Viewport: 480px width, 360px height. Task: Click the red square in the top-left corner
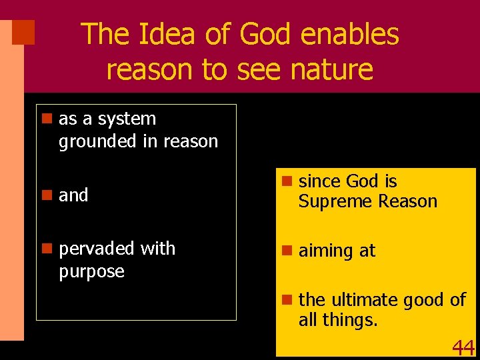pos(23,32)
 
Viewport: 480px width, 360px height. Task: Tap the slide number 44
pos(463,347)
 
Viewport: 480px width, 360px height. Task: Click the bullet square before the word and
pos(46,195)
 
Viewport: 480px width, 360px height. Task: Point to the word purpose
pos(91,271)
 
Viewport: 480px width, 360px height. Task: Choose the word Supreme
pos(332,201)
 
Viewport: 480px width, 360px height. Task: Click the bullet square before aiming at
pos(286,251)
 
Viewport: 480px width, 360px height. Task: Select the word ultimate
pos(365,300)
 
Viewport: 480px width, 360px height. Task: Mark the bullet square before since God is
pos(286,181)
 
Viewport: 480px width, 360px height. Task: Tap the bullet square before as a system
pos(46,119)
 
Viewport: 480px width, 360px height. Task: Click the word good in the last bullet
pos(425,300)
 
